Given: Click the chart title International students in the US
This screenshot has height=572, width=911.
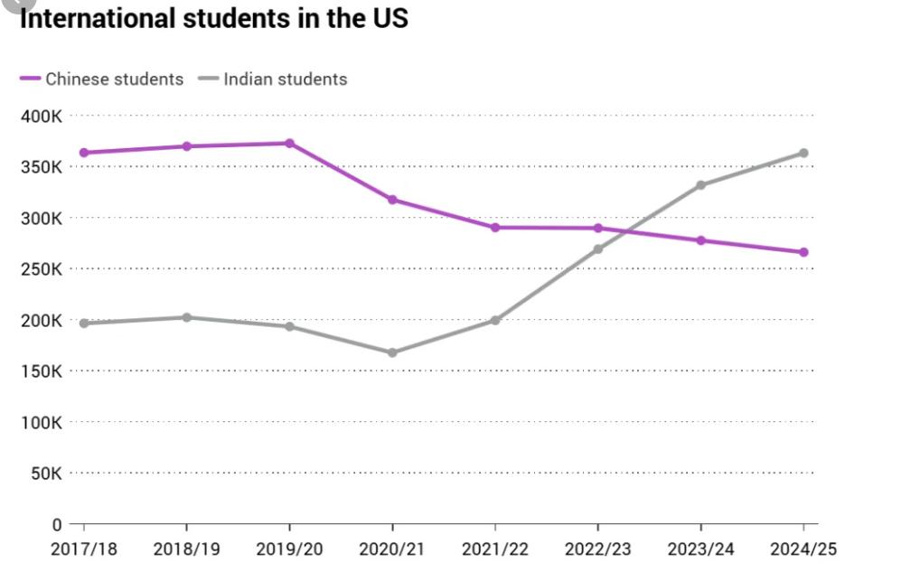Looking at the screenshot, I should (x=213, y=18).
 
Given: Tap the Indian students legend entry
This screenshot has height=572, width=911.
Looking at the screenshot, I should (x=274, y=79).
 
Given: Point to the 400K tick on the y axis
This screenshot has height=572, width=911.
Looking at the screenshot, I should (x=42, y=116).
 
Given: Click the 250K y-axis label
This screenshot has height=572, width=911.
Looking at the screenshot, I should (x=42, y=269).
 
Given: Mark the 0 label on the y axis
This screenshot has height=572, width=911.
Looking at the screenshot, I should (x=56, y=524).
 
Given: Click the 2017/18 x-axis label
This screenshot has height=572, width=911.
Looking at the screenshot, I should (x=83, y=549).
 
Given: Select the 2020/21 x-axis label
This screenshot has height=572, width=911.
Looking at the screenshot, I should (x=392, y=549).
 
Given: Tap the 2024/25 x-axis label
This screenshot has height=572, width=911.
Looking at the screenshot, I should (x=803, y=549).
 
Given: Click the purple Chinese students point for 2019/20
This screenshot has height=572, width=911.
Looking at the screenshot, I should (x=289, y=143).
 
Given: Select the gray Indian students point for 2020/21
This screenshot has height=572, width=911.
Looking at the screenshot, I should (x=392, y=352).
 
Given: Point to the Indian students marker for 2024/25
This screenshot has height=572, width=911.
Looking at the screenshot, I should (x=803, y=153).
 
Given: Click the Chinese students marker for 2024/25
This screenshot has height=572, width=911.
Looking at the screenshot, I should (x=803, y=252).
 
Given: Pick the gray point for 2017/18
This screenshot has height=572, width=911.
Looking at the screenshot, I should (x=83, y=323).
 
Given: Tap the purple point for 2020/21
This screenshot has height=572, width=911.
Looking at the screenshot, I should (x=392, y=200).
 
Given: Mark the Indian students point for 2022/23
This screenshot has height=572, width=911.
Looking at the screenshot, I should (x=597, y=248).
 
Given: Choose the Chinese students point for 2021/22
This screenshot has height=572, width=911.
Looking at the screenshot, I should (x=495, y=227).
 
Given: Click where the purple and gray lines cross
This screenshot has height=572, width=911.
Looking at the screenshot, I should (x=624, y=231).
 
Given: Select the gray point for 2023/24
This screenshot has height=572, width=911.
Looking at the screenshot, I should (x=700, y=185).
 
